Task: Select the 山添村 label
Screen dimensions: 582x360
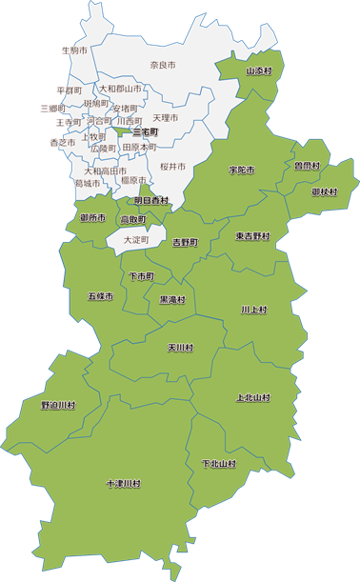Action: point(259,70)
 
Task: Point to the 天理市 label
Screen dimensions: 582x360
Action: point(166,118)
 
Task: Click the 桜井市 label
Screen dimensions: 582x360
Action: point(172,166)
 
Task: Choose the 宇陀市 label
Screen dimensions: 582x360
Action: point(242,170)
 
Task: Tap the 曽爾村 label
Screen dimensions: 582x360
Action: point(307,165)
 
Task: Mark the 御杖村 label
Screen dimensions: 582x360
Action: point(325,191)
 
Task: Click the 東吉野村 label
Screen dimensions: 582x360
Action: point(251,235)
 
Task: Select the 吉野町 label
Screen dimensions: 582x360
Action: point(185,243)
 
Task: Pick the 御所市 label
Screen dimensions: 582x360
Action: point(92,218)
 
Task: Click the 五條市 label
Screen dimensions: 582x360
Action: point(100,297)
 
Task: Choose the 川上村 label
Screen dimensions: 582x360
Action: point(254,310)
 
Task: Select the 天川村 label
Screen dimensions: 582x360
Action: point(180,348)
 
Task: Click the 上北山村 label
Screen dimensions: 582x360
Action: point(252,397)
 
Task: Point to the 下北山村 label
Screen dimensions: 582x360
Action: point(218,464)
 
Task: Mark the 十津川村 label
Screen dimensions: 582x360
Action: point(123,484)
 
